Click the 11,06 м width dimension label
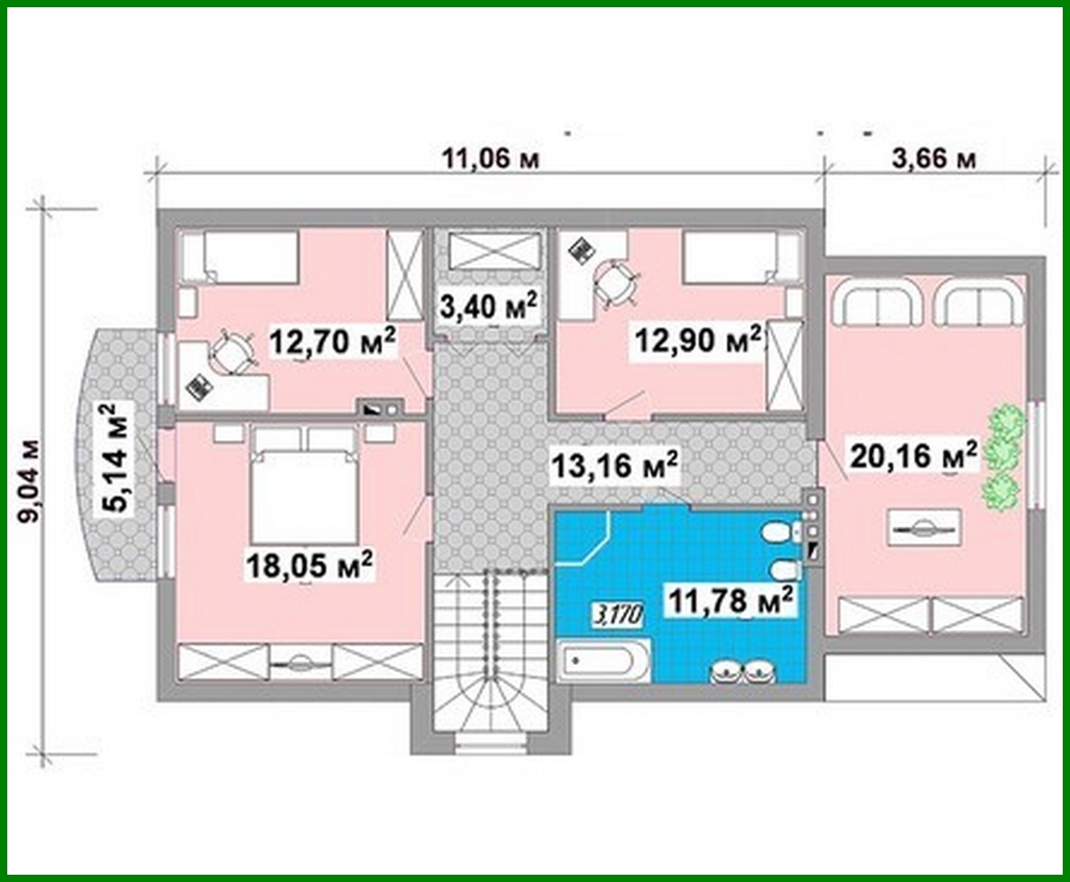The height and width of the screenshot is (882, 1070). (490, 158)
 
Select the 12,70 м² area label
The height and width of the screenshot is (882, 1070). (332, 341)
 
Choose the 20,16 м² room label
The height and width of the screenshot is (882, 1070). (913, 455)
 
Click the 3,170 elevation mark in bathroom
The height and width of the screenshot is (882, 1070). (617, 615)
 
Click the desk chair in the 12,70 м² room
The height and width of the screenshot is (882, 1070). (231, 353)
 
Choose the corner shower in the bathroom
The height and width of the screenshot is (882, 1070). (584, 536)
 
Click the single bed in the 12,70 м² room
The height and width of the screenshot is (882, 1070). (240, 256)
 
